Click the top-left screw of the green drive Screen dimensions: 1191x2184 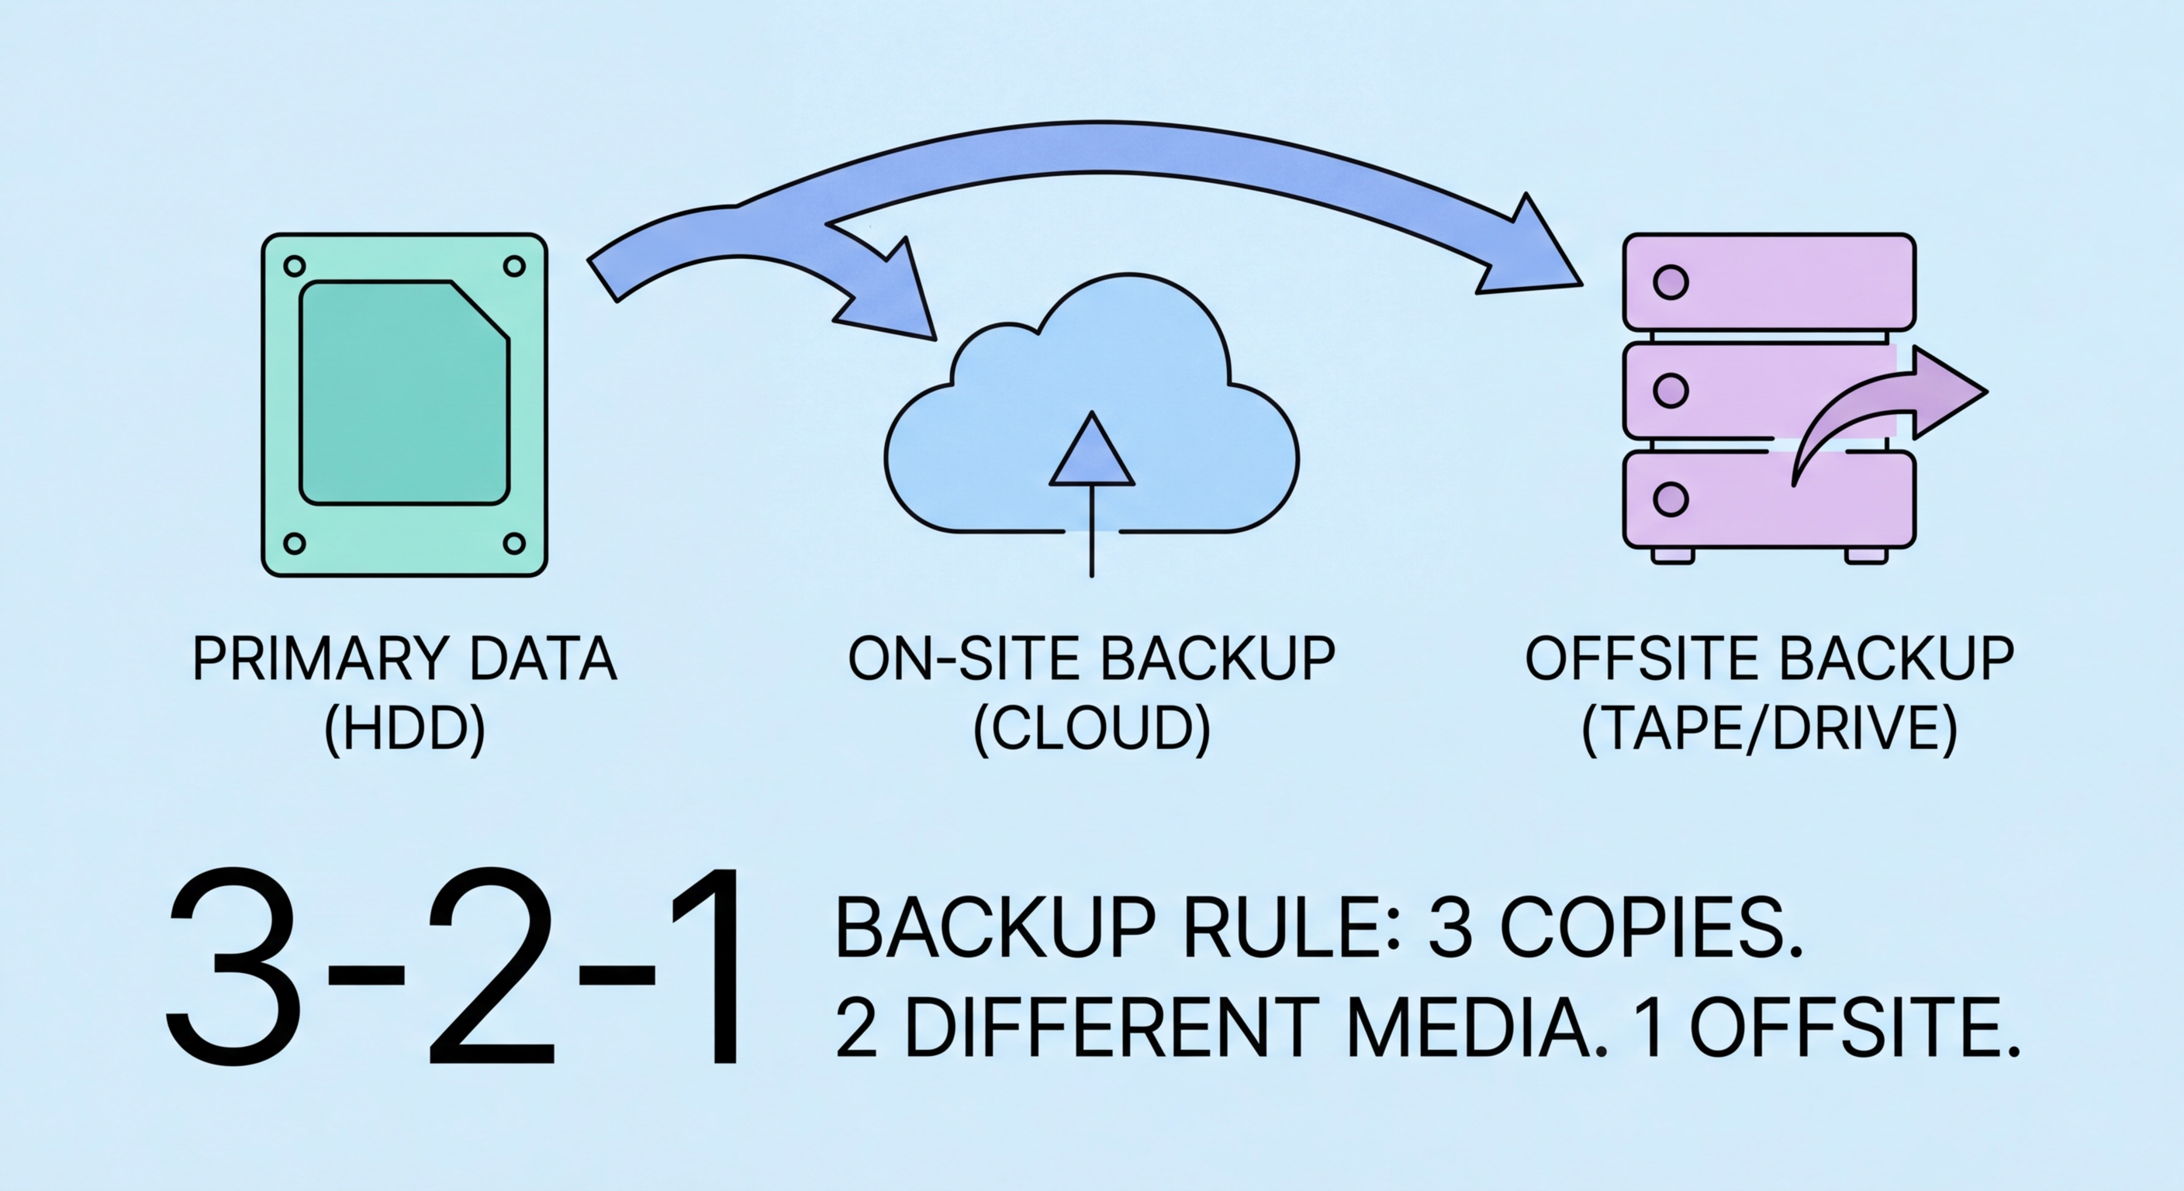coord(294,266)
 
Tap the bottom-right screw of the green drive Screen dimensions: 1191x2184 coord(513,544)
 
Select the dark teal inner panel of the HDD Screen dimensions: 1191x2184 coord(403,393)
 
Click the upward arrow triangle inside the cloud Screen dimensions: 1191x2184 coord(1092,453)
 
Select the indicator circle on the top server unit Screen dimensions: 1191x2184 coord(1671,281)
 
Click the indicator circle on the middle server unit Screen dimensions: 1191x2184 coord(1671,390)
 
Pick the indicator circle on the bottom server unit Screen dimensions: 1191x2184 coord(1671,499)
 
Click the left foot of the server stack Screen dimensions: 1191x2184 coord(1672,555)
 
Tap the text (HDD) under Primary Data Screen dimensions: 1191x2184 coord(406,729)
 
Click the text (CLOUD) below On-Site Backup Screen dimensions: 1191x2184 coord(1092,729)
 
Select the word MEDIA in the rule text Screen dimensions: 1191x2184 coord(1467,1028)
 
